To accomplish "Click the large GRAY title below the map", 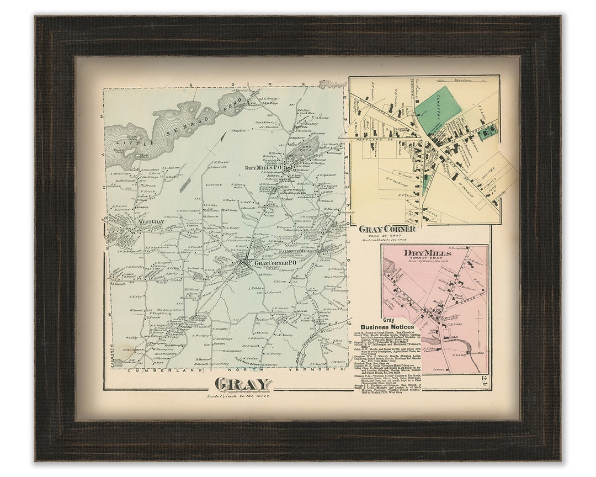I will pyautogui.click(x=243, y=384).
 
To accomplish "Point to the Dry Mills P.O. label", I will pyautogui.click(x=264, y=167).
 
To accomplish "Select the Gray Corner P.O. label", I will pyautogui.click(x=275, y=263).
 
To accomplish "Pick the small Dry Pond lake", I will pyautogui.click(x=307, y=149).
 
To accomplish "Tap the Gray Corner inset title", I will pyautogui.click(x=387, y=229).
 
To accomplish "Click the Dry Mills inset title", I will pyautogui.click(x=427, y=253).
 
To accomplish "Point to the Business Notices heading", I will pyautogui.click(x=386, y=327).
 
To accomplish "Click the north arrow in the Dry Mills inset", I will pyautogui.click(x=478, y=323).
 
